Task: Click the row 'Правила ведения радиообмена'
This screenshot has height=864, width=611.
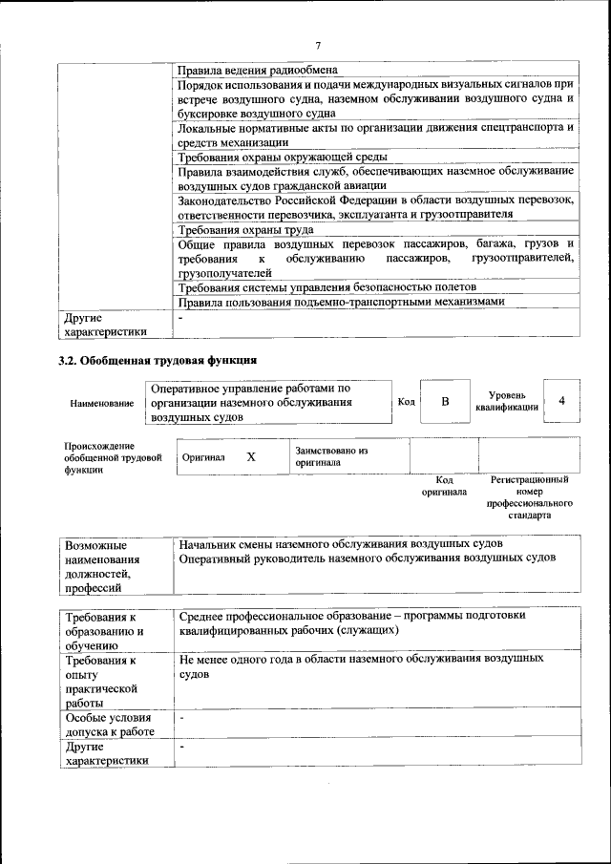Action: click(x=259, y=70)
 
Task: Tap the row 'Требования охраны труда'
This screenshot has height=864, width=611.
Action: click(x=245, y=230)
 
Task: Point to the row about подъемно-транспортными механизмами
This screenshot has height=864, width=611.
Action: click(x=341, y=302)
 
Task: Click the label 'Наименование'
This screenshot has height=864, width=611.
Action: click(x=102, y=404)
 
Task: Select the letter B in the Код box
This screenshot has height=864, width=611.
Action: click(x=445, y=402)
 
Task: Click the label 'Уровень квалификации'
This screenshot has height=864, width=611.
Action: click(x=506, y=401)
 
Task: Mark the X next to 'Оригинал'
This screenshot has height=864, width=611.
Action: click(x=251, y=457)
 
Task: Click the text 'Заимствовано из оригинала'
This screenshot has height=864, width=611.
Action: click(x=331, y=455)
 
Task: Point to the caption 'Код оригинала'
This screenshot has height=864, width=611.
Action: click(x=444, y=486)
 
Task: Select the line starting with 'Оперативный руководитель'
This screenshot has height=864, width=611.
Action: click(x=368, y=558)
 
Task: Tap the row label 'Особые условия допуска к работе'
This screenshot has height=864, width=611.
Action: click(x=108, y=725)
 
